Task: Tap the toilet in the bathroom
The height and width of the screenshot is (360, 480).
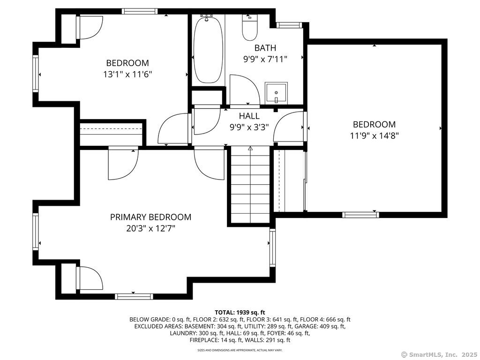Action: click(250, 28)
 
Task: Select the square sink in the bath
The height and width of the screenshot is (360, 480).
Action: click(276, 93)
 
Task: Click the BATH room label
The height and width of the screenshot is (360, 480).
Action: click(265, 48)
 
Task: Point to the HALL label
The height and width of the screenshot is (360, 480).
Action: click(249, 116)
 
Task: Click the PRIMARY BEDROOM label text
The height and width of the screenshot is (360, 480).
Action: click(150, 217)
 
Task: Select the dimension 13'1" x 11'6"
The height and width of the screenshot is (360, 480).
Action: click(127, 75)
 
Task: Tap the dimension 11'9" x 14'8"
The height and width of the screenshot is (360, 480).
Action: click(374, 135)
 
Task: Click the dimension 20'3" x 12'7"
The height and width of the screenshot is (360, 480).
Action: click(150, 228)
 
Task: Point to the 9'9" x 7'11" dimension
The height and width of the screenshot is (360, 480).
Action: click(265, 59)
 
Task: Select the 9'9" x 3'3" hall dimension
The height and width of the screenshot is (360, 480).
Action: click(249, 127)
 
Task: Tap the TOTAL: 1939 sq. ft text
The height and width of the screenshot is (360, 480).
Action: click(240, 313)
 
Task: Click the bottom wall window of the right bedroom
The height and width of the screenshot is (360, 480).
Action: click(360, 215)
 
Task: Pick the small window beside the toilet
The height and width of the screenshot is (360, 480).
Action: click(289, 25)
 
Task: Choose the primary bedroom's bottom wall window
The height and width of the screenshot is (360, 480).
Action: click(134, 296)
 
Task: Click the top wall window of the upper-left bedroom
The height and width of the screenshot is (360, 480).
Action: click(140, 11)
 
